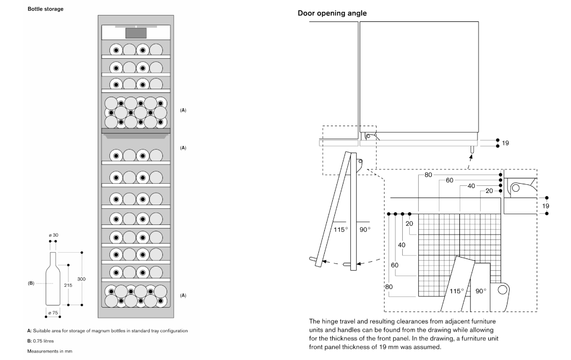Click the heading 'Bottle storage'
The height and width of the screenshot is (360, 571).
tap(45, 9)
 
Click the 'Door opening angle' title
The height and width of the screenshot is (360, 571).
tap(332, 13)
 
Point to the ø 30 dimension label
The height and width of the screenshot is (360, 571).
tap(53, 235)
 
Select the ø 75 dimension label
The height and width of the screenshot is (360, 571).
tap(53, 312)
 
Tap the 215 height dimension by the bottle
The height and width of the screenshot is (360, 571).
tap(68, 285)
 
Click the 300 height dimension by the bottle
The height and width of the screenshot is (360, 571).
tap(81, 279)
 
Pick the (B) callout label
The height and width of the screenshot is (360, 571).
tap(31, 284)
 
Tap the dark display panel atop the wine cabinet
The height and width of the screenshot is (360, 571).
tap(136, 32)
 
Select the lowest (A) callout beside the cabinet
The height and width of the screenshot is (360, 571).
tap(183, 295)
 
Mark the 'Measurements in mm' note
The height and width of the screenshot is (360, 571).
tap(50, 351)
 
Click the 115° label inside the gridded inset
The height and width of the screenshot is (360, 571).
tap(456, 291)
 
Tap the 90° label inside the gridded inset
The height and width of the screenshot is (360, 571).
tap(481, 291)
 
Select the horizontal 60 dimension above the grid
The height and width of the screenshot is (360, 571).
tap(449, 181)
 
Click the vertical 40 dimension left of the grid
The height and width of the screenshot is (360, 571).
tap(402, 245)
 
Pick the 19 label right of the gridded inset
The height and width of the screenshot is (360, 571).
tap(545, 206)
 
